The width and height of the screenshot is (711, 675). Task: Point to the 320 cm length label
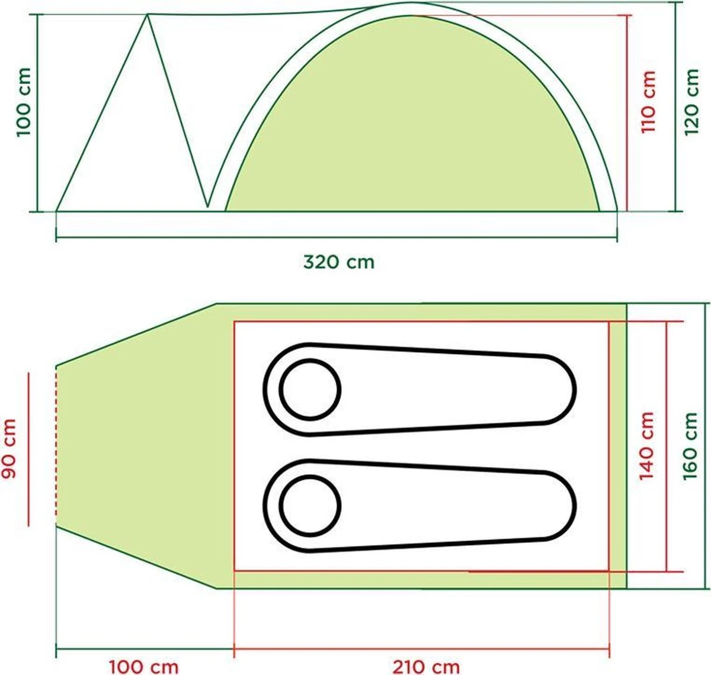point(339,261)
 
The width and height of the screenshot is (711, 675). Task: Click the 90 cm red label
point(10,449)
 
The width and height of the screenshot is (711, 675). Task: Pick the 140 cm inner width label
point(648,446)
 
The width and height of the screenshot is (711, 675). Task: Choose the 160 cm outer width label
point(691,446)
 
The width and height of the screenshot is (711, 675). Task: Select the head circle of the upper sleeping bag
point(310,389)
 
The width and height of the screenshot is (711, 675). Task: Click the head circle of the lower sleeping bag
point(310,505)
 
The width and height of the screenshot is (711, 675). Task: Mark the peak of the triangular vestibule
point(148,15)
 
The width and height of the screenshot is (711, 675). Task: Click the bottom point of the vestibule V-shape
point(207,207)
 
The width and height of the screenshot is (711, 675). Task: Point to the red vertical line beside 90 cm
point(28,449)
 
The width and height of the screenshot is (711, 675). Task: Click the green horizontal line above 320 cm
point(336,239)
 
